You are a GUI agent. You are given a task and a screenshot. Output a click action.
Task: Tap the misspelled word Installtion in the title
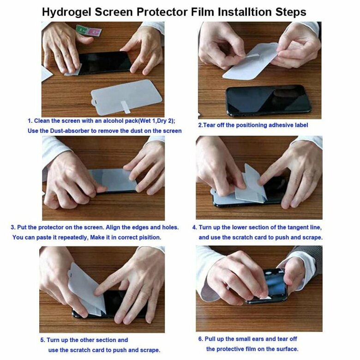245,12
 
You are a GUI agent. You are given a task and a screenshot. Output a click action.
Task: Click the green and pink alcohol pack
89,30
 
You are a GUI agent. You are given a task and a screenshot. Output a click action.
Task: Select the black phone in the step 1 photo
104,62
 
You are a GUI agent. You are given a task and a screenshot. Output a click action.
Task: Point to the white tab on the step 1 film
126,107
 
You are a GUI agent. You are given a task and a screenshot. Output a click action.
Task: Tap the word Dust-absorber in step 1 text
70,131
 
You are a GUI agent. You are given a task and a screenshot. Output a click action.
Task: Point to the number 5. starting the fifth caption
43,340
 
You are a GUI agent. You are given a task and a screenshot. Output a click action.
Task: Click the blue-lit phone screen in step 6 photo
275,283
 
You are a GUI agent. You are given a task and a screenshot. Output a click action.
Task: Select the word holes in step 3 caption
170,227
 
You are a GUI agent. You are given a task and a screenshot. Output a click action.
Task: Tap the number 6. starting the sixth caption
201,339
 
